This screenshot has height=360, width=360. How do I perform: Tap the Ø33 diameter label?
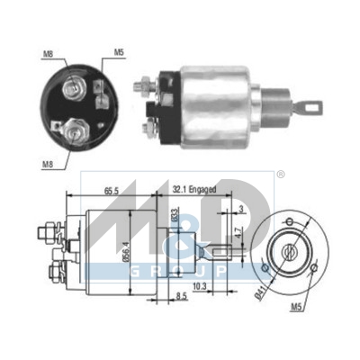point(175,217)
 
